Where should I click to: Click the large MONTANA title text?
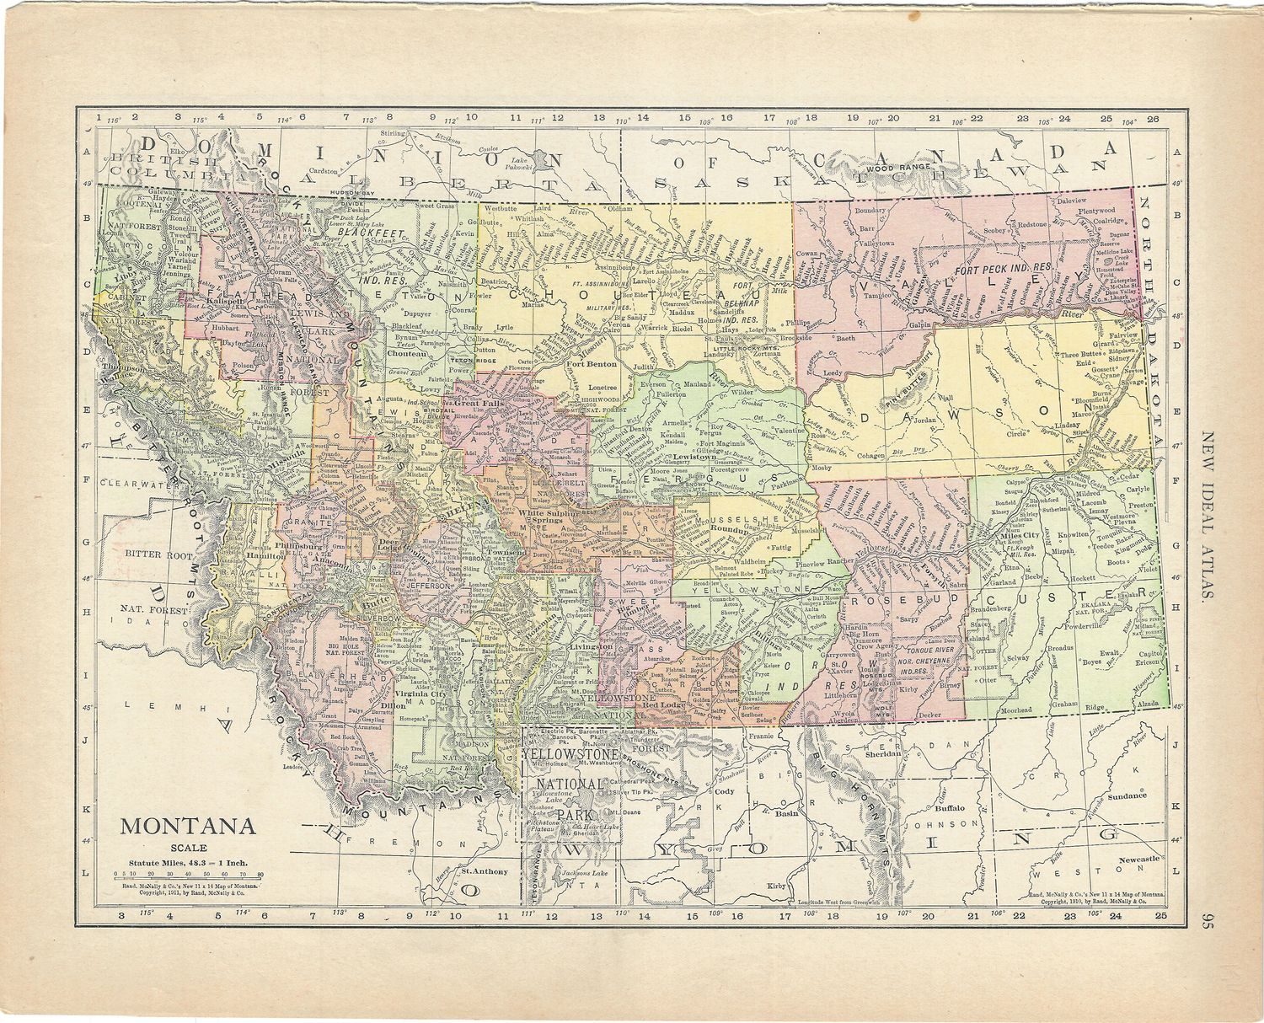[x=188, y=825]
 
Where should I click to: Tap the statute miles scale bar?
[x=188, y=876]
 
